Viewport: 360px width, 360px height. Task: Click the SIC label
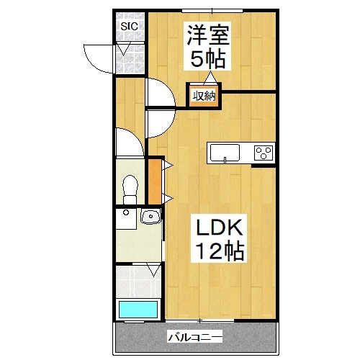pos(129,27)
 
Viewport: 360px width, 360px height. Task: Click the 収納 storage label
pos(204,96)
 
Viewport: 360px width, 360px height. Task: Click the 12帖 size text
pos(221,251)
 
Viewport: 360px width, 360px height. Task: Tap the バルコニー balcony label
pos(194,336)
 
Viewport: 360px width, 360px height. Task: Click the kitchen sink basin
pos(224,152)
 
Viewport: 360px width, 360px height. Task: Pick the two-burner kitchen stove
pos(264,152)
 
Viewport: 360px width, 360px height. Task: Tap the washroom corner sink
pos(150,216)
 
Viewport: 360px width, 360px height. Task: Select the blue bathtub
pos(138,310)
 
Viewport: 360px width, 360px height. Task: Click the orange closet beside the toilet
pos(154,180)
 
